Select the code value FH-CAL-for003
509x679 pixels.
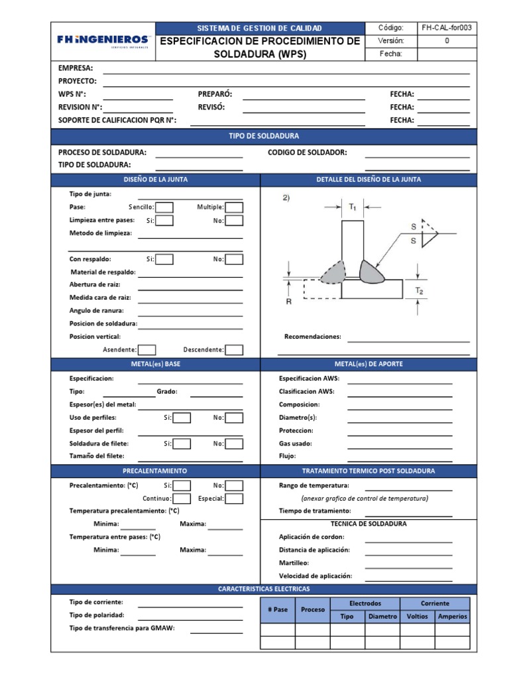(447, 28)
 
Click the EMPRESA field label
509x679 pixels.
(76, 68)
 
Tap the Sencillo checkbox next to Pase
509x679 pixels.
(164, 208)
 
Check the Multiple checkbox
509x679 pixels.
(234, 208)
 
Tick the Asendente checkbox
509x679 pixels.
(147, 349)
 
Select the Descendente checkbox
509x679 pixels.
(234, 349)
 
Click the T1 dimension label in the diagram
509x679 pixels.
(353, 208)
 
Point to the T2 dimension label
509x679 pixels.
(419, 290)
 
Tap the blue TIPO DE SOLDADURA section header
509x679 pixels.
(264, 136)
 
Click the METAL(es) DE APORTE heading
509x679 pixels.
(368, 364)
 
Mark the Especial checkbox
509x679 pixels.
(234, 498)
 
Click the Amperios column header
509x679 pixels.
(453, 616)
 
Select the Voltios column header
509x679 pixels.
(417, 616)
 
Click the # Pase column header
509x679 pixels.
(278, 609)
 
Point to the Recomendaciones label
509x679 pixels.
(312, 336)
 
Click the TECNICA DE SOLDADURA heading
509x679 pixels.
(368, 523)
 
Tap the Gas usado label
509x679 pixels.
(296, 443)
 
